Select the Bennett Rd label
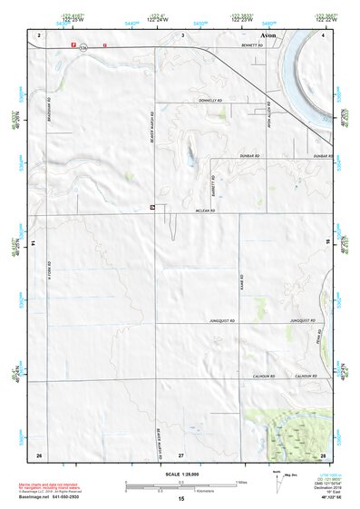250,44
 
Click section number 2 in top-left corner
39,34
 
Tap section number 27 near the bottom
181,453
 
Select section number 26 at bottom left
39,453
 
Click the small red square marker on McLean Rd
151,208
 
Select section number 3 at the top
182,34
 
